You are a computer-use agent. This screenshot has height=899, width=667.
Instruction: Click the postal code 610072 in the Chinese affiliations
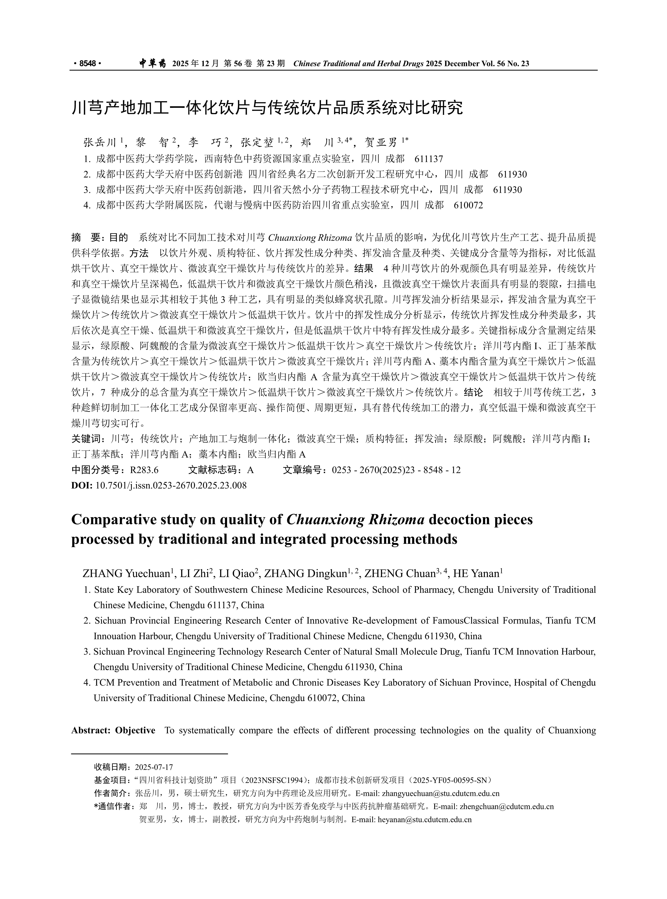(x=468, y=205)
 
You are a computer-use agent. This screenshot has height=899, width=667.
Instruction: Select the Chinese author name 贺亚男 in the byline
(x=381, y=142)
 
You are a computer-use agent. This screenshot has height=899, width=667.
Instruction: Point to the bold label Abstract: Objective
(x=113, y=730)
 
